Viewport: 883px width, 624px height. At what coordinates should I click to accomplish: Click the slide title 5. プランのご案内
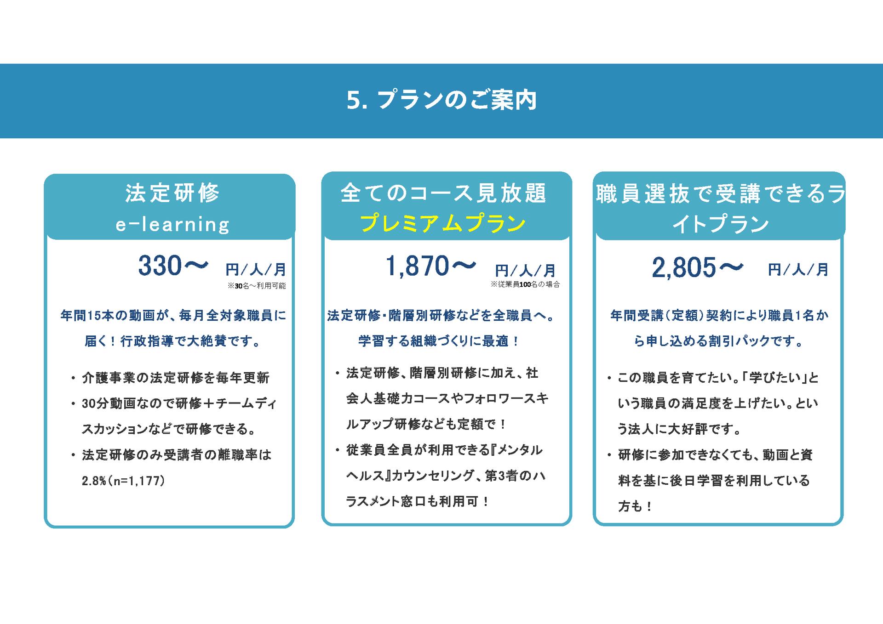point(441,100)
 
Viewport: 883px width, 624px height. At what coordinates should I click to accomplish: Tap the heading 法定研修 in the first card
point(172,193)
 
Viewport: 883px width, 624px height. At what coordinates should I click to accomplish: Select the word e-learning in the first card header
point(172,225)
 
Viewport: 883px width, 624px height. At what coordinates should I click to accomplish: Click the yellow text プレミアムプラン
point(443,223)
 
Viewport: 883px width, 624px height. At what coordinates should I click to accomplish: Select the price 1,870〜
point(430,267)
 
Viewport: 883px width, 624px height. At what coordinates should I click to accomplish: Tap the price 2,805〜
point(697,267)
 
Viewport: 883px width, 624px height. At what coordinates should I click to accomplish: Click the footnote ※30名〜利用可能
point(256,286)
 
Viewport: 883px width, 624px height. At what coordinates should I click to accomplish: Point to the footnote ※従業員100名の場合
point(525,284)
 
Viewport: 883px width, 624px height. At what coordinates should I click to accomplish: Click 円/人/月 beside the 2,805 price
point(798,269)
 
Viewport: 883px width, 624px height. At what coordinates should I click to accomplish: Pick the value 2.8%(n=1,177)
point(123,481)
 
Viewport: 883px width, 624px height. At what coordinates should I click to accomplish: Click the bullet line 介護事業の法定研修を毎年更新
point(175,378)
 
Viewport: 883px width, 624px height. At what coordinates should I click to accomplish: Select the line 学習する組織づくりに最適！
point(439,341)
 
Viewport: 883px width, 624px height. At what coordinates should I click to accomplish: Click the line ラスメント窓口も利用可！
point(418,501)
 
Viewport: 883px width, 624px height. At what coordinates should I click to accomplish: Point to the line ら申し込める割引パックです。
point(719,341)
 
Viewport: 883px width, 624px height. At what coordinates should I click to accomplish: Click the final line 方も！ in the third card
point(635,506)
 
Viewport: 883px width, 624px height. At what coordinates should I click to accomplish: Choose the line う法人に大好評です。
point(680,429)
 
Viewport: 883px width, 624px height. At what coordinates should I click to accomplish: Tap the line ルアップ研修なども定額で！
point(427,424)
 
